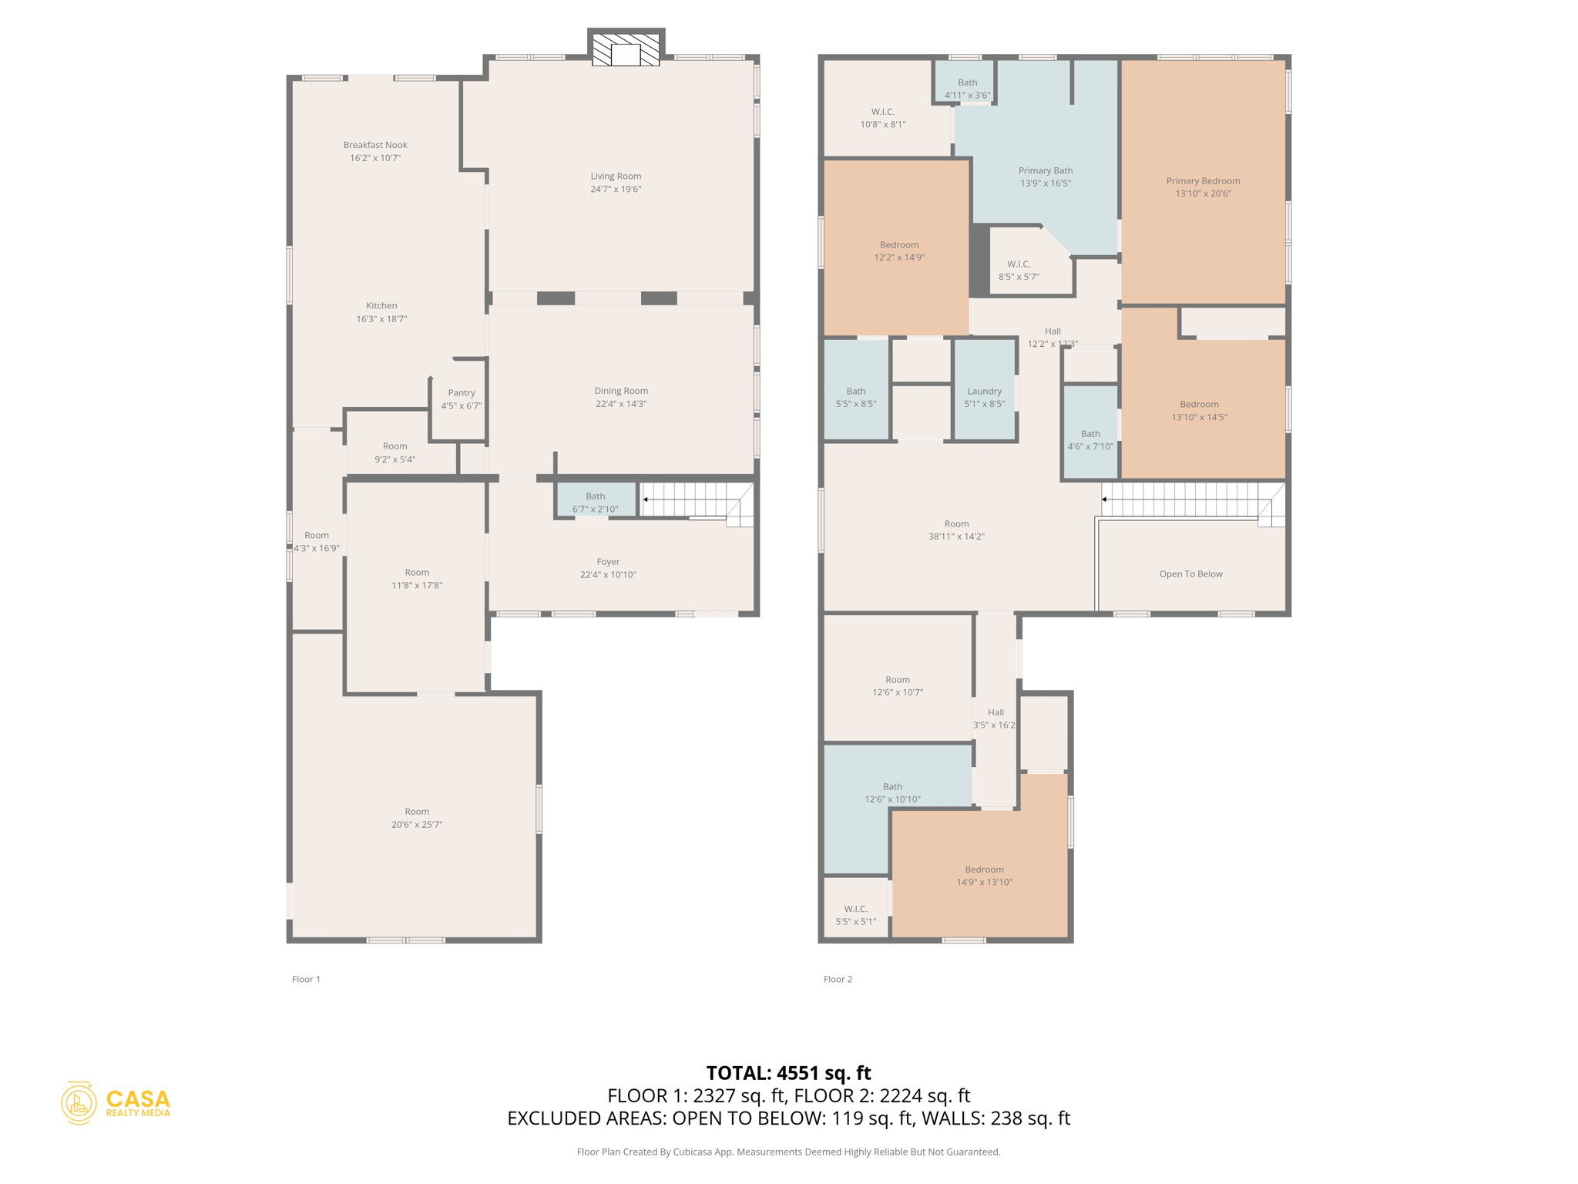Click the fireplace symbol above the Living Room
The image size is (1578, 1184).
626,50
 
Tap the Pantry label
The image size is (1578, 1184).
462,392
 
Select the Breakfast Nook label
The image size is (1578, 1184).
375,145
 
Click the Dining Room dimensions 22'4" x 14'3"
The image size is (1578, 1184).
621,404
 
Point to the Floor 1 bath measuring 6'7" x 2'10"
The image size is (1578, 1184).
596,502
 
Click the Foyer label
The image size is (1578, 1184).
608,562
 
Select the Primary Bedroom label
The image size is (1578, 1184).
1203,181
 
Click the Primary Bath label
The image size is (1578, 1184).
1046,171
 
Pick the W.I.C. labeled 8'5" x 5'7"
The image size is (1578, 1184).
1019,271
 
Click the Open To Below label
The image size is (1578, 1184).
1190,574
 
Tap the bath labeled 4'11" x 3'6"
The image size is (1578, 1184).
968,89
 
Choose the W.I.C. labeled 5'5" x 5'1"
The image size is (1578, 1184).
856,915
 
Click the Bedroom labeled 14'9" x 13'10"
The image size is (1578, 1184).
984,876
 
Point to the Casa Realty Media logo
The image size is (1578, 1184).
116,1103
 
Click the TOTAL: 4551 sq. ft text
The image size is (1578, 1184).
788,1073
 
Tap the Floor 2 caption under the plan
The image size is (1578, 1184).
838,979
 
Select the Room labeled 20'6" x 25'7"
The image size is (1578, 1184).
417,818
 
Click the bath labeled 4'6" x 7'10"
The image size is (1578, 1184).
1090,440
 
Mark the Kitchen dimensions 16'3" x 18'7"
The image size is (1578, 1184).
381,319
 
